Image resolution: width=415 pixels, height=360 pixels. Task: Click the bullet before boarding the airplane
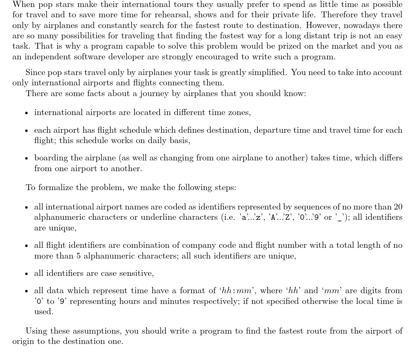[27, 158]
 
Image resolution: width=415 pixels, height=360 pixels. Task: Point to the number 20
[398, 207]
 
